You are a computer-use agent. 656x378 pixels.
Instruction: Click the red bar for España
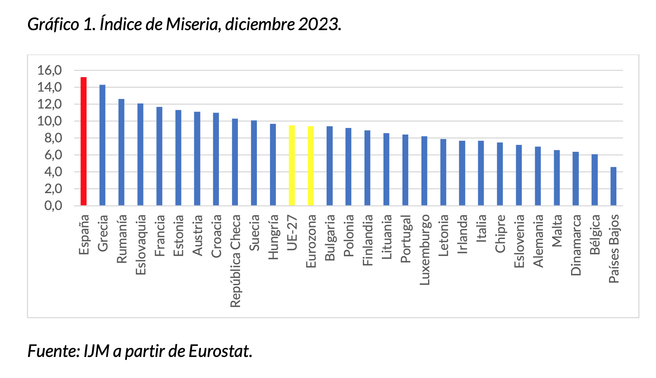(83, 142)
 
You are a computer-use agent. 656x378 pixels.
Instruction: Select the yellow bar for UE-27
(292, 165)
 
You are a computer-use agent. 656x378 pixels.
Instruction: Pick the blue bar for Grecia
(102, 145)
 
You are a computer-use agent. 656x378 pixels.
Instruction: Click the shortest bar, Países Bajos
(613, 186)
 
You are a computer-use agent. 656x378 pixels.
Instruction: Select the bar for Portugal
(405, 170)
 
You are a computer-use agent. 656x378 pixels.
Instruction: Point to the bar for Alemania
(538, 176)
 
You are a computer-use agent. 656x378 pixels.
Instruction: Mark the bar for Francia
(159, 156)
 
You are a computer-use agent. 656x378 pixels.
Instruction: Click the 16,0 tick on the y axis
(49, 71)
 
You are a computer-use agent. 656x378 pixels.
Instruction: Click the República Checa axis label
(235, 261)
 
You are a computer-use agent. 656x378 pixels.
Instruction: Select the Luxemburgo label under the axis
(425, 250)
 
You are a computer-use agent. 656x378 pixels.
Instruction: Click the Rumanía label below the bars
(122, 239)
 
